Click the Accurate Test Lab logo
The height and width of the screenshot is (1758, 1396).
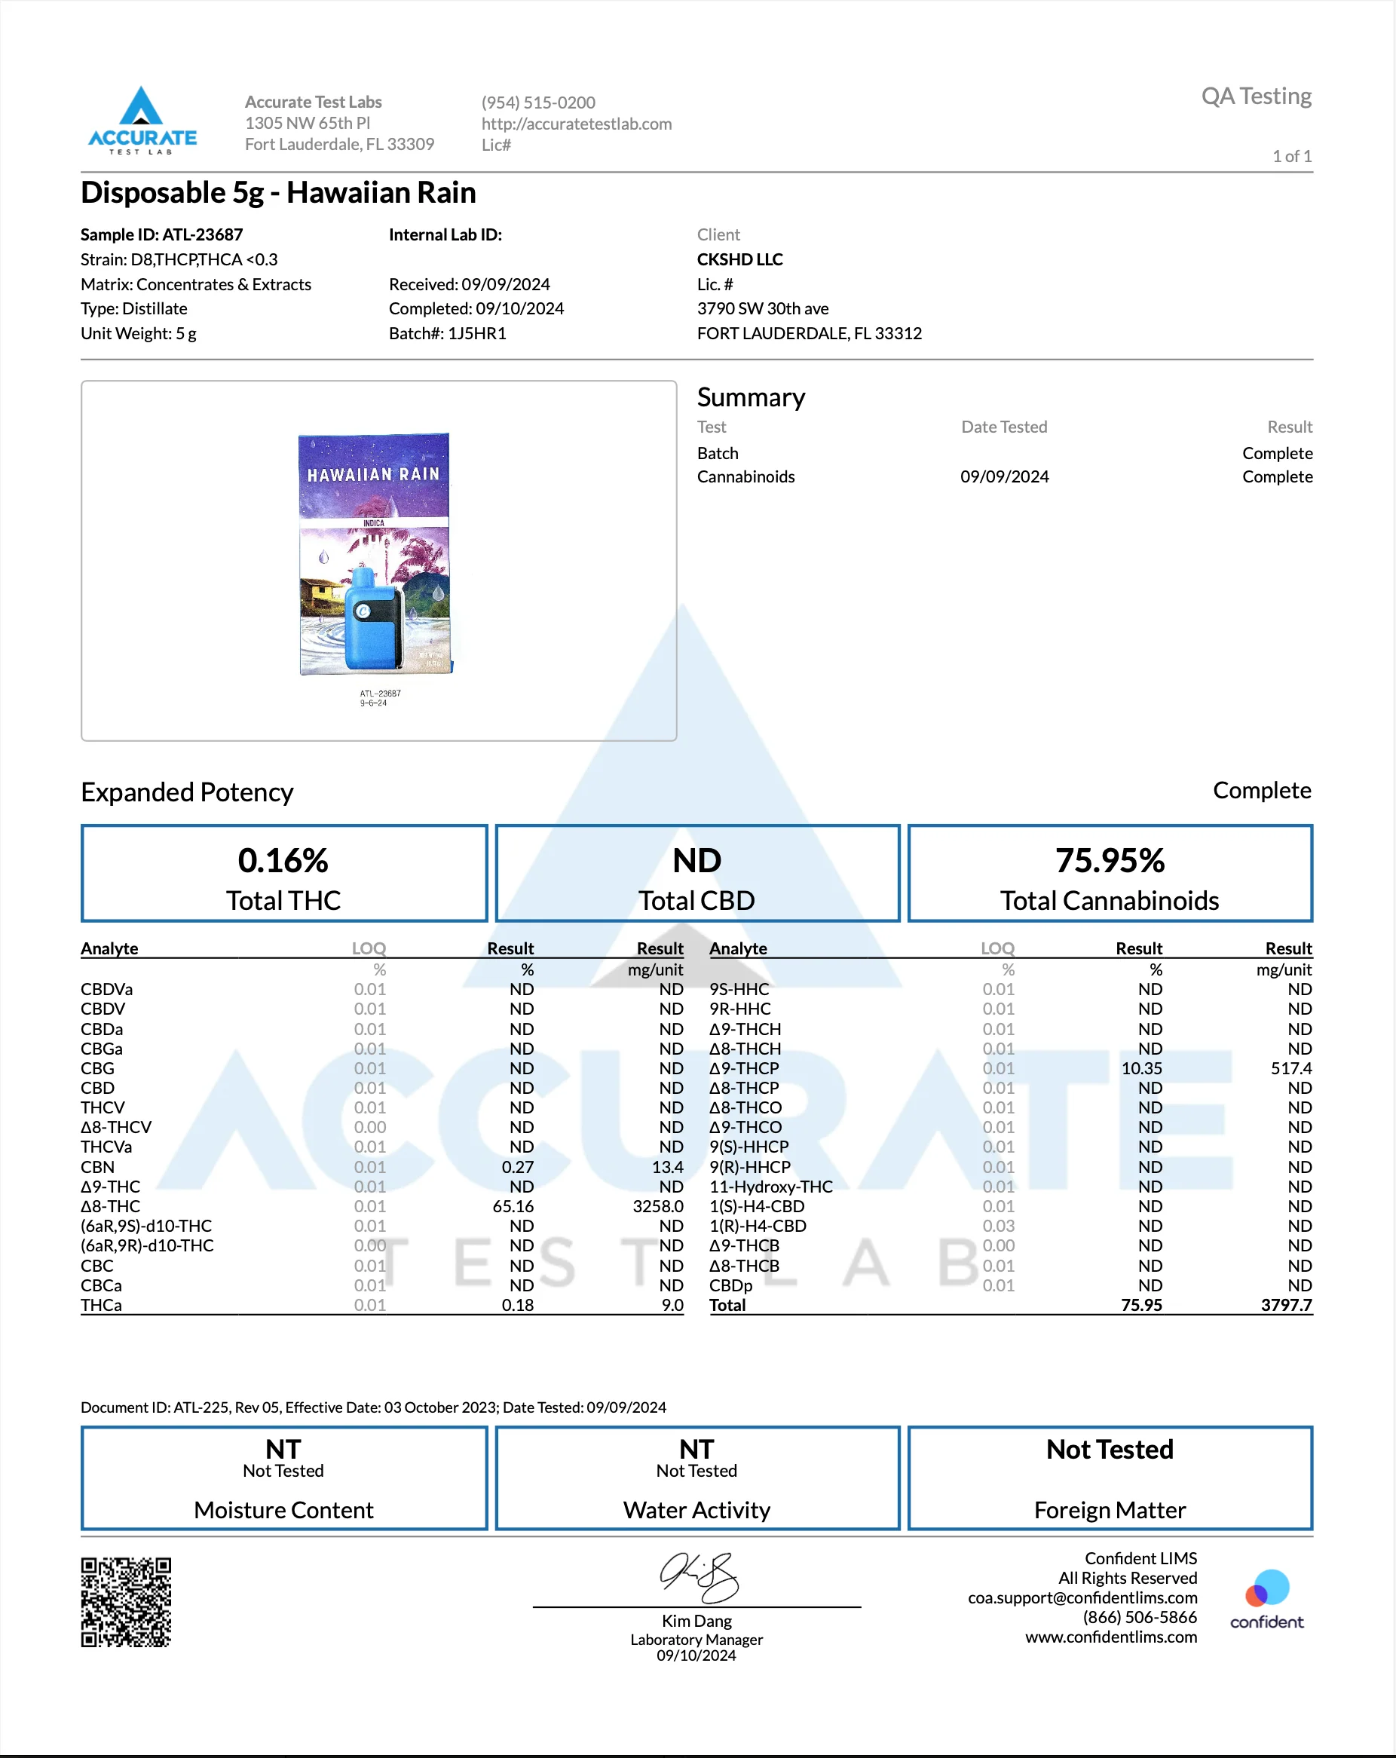click(x=142, y=121)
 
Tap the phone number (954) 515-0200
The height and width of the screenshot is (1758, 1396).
click(x=538, y=103)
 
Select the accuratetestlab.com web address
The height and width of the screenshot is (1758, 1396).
click(x=577, y=124)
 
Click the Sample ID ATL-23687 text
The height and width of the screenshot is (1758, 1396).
click(x=161, y=235)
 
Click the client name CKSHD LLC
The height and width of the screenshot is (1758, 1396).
click(x=739, y=259)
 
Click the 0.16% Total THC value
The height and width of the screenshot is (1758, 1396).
click(x=283, y=861)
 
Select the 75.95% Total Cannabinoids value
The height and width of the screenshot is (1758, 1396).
click(x=1109, y=861)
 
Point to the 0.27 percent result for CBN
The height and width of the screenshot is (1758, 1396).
click(x=518, y=1168)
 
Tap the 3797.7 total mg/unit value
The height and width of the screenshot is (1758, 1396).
click(x=1286, y=1306)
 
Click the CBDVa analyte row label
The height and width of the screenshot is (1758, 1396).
click(x=107, y=990)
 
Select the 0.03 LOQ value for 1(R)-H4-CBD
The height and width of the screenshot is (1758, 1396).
click(x=998, y=1227)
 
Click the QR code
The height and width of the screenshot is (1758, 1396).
click(x=127, y=1602)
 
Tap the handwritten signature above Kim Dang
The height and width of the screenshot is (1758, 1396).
click(x=698, y=1577)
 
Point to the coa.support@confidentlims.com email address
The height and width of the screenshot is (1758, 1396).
click(x=1082, y=1598)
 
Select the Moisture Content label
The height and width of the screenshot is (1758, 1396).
click(x=283, y=1511)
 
